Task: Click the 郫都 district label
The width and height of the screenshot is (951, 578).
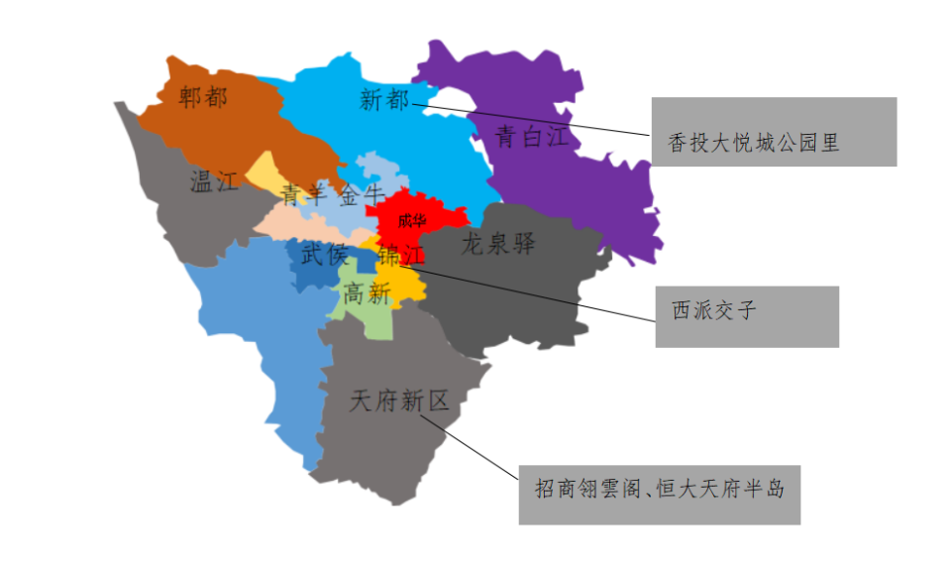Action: pyautogui.click(x=203, y=97)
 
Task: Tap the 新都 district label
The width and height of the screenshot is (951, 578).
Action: pyautogui.click(x=383, y=100)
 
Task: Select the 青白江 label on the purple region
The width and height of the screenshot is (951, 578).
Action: pyautogui.click(x=532, y=136)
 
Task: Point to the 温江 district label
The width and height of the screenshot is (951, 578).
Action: pyautogui.click(x=215, y=181)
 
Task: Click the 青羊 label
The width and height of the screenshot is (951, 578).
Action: pyautogui.click(x=303, y=194)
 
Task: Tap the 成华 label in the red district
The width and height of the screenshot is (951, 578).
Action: pyautogui.click(x=412, y=220)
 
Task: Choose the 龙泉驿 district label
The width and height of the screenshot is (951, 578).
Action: pyautogui.click(x=498, y=243)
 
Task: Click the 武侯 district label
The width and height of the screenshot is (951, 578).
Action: pyautogui.click(x=325, y=255)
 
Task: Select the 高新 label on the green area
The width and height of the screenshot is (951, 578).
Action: pyautogui.click(x=367, y=292)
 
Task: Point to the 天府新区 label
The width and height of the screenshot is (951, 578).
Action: pyautogui.click(x=399, y=401)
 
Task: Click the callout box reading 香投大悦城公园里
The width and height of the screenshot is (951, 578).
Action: pyautogui.click(x=773, y=132)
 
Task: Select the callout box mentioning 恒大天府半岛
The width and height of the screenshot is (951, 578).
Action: pyautogui.click(x=659, y=494)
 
